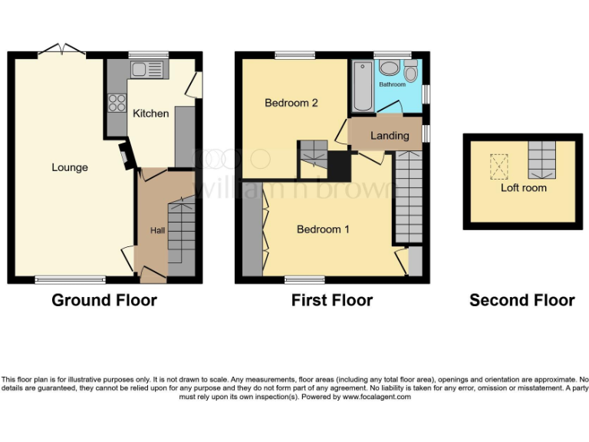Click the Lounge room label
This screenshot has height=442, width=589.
[70, 167]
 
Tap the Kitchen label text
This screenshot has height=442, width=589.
[151, 114]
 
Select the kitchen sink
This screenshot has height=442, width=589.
[146, 70]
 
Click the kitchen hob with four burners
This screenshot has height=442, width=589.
[117, 102]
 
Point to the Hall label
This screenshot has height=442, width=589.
[157, 231]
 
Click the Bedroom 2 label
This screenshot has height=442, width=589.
[291, 103]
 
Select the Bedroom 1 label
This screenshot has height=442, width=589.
[324, 229]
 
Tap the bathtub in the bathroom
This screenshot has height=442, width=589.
[360, 86]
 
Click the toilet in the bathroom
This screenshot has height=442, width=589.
[411, 72]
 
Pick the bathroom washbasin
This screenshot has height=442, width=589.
[389, 66]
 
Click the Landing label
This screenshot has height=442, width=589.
[390, 136]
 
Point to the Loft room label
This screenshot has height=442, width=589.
[524, 187]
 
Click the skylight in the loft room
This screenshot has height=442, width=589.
[499, 164]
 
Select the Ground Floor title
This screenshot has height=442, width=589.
[104, 300]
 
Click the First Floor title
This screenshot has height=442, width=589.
[332, 300]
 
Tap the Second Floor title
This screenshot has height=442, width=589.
[522, 300]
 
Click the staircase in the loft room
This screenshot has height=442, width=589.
[541, 159]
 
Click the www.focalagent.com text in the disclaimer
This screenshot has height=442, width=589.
[377, 397]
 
